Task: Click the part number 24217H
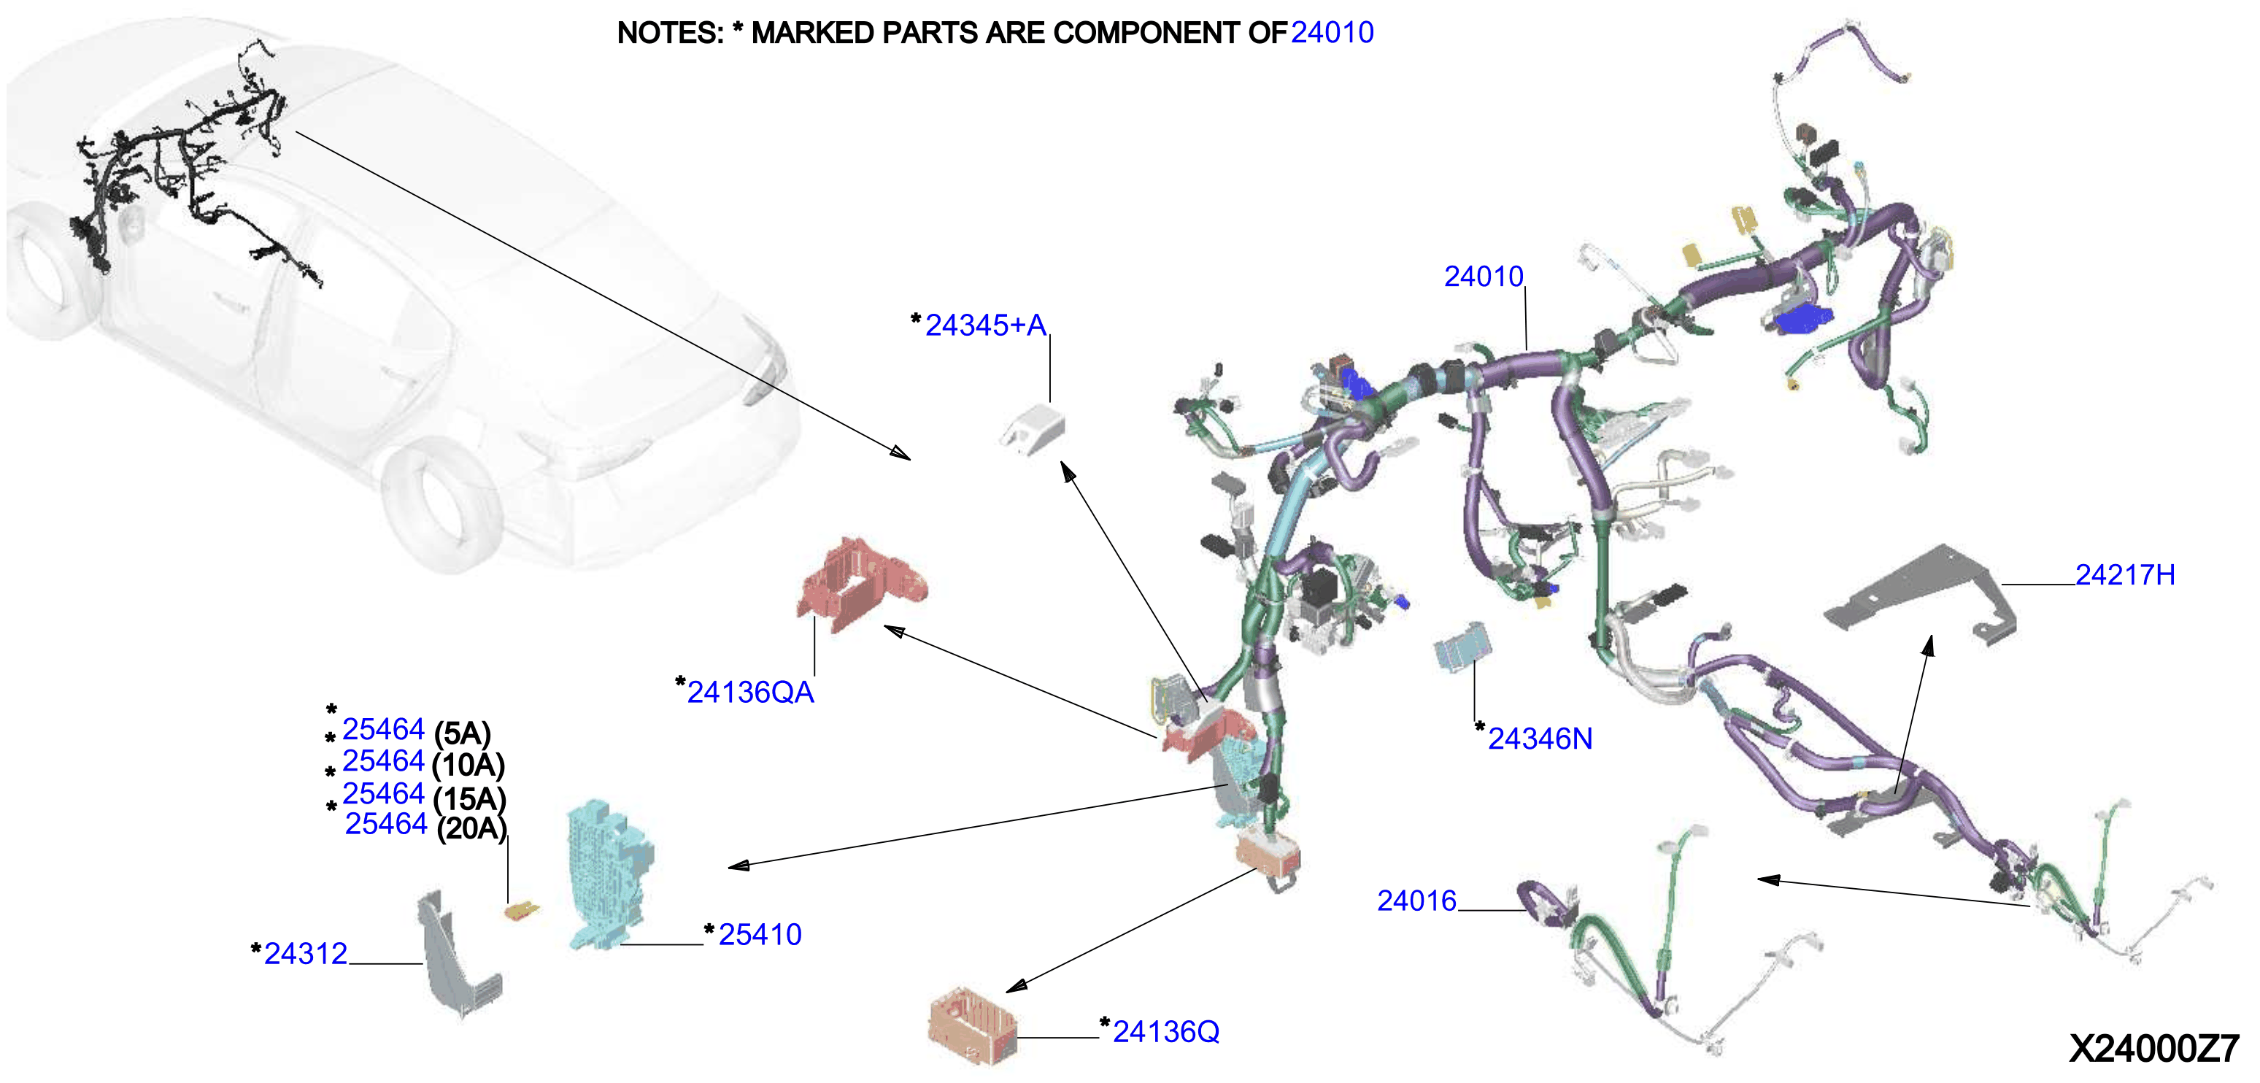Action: click(2124, 575)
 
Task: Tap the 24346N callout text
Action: click(1540, 739)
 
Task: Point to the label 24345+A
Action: click(985, 325)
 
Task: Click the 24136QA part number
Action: click(750, 693)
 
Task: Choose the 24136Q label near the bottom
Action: click(1166, 1032)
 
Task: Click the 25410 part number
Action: click(760, 935)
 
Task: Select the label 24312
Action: click(305, 954)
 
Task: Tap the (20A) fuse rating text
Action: click(471, 828)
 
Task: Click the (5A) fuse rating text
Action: click(463, 733)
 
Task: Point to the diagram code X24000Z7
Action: click(2154, 1049)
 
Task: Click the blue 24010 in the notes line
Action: click(1332, 32)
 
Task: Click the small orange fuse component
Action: click(521, 912)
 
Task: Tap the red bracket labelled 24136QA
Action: click(860, 584)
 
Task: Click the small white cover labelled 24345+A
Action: click(1033, 428)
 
